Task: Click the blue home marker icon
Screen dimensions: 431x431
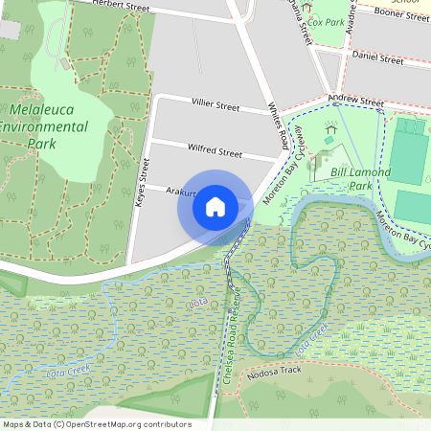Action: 215,206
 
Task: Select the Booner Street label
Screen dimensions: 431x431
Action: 401,13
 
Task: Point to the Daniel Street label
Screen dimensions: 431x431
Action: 377,58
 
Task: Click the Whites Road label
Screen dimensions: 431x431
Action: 278,125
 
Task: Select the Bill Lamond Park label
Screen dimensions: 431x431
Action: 360,178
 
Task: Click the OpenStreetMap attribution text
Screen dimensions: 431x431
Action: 96,424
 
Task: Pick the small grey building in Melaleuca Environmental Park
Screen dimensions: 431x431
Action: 65,64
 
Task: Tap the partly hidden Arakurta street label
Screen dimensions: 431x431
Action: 179,193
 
